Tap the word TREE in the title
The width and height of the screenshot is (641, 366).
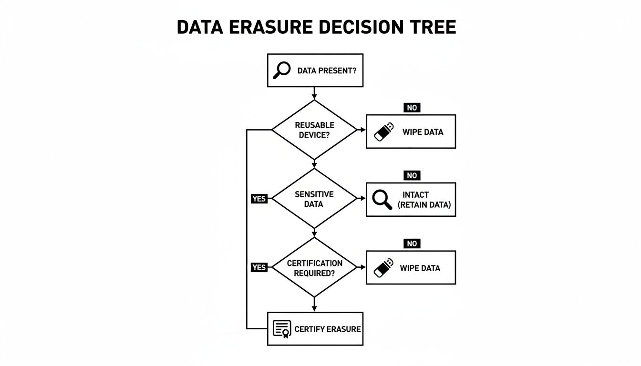(432, 28)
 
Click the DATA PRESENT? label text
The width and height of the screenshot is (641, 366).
(327, 71)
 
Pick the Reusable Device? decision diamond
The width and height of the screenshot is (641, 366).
(314, 130)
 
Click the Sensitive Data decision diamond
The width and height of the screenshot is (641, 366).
(314, 199)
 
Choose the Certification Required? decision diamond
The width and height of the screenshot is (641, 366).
(314, 268)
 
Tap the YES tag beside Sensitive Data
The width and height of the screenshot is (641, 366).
(259, 199)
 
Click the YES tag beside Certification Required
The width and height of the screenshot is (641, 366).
(259, 267)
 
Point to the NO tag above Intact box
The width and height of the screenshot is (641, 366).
(412, 176)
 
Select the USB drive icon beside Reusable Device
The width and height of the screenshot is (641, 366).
(384, 132)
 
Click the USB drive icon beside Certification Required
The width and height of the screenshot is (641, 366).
(384, 267)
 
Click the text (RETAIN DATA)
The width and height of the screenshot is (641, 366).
(424, 205)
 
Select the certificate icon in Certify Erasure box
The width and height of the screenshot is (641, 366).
(281, 329)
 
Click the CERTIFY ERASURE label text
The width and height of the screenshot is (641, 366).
(327, 329)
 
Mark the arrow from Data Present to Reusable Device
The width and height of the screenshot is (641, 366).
(314, 93)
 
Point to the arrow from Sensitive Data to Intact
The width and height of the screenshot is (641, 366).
(361, 199)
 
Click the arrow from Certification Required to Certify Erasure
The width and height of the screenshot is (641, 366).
(314, 305)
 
